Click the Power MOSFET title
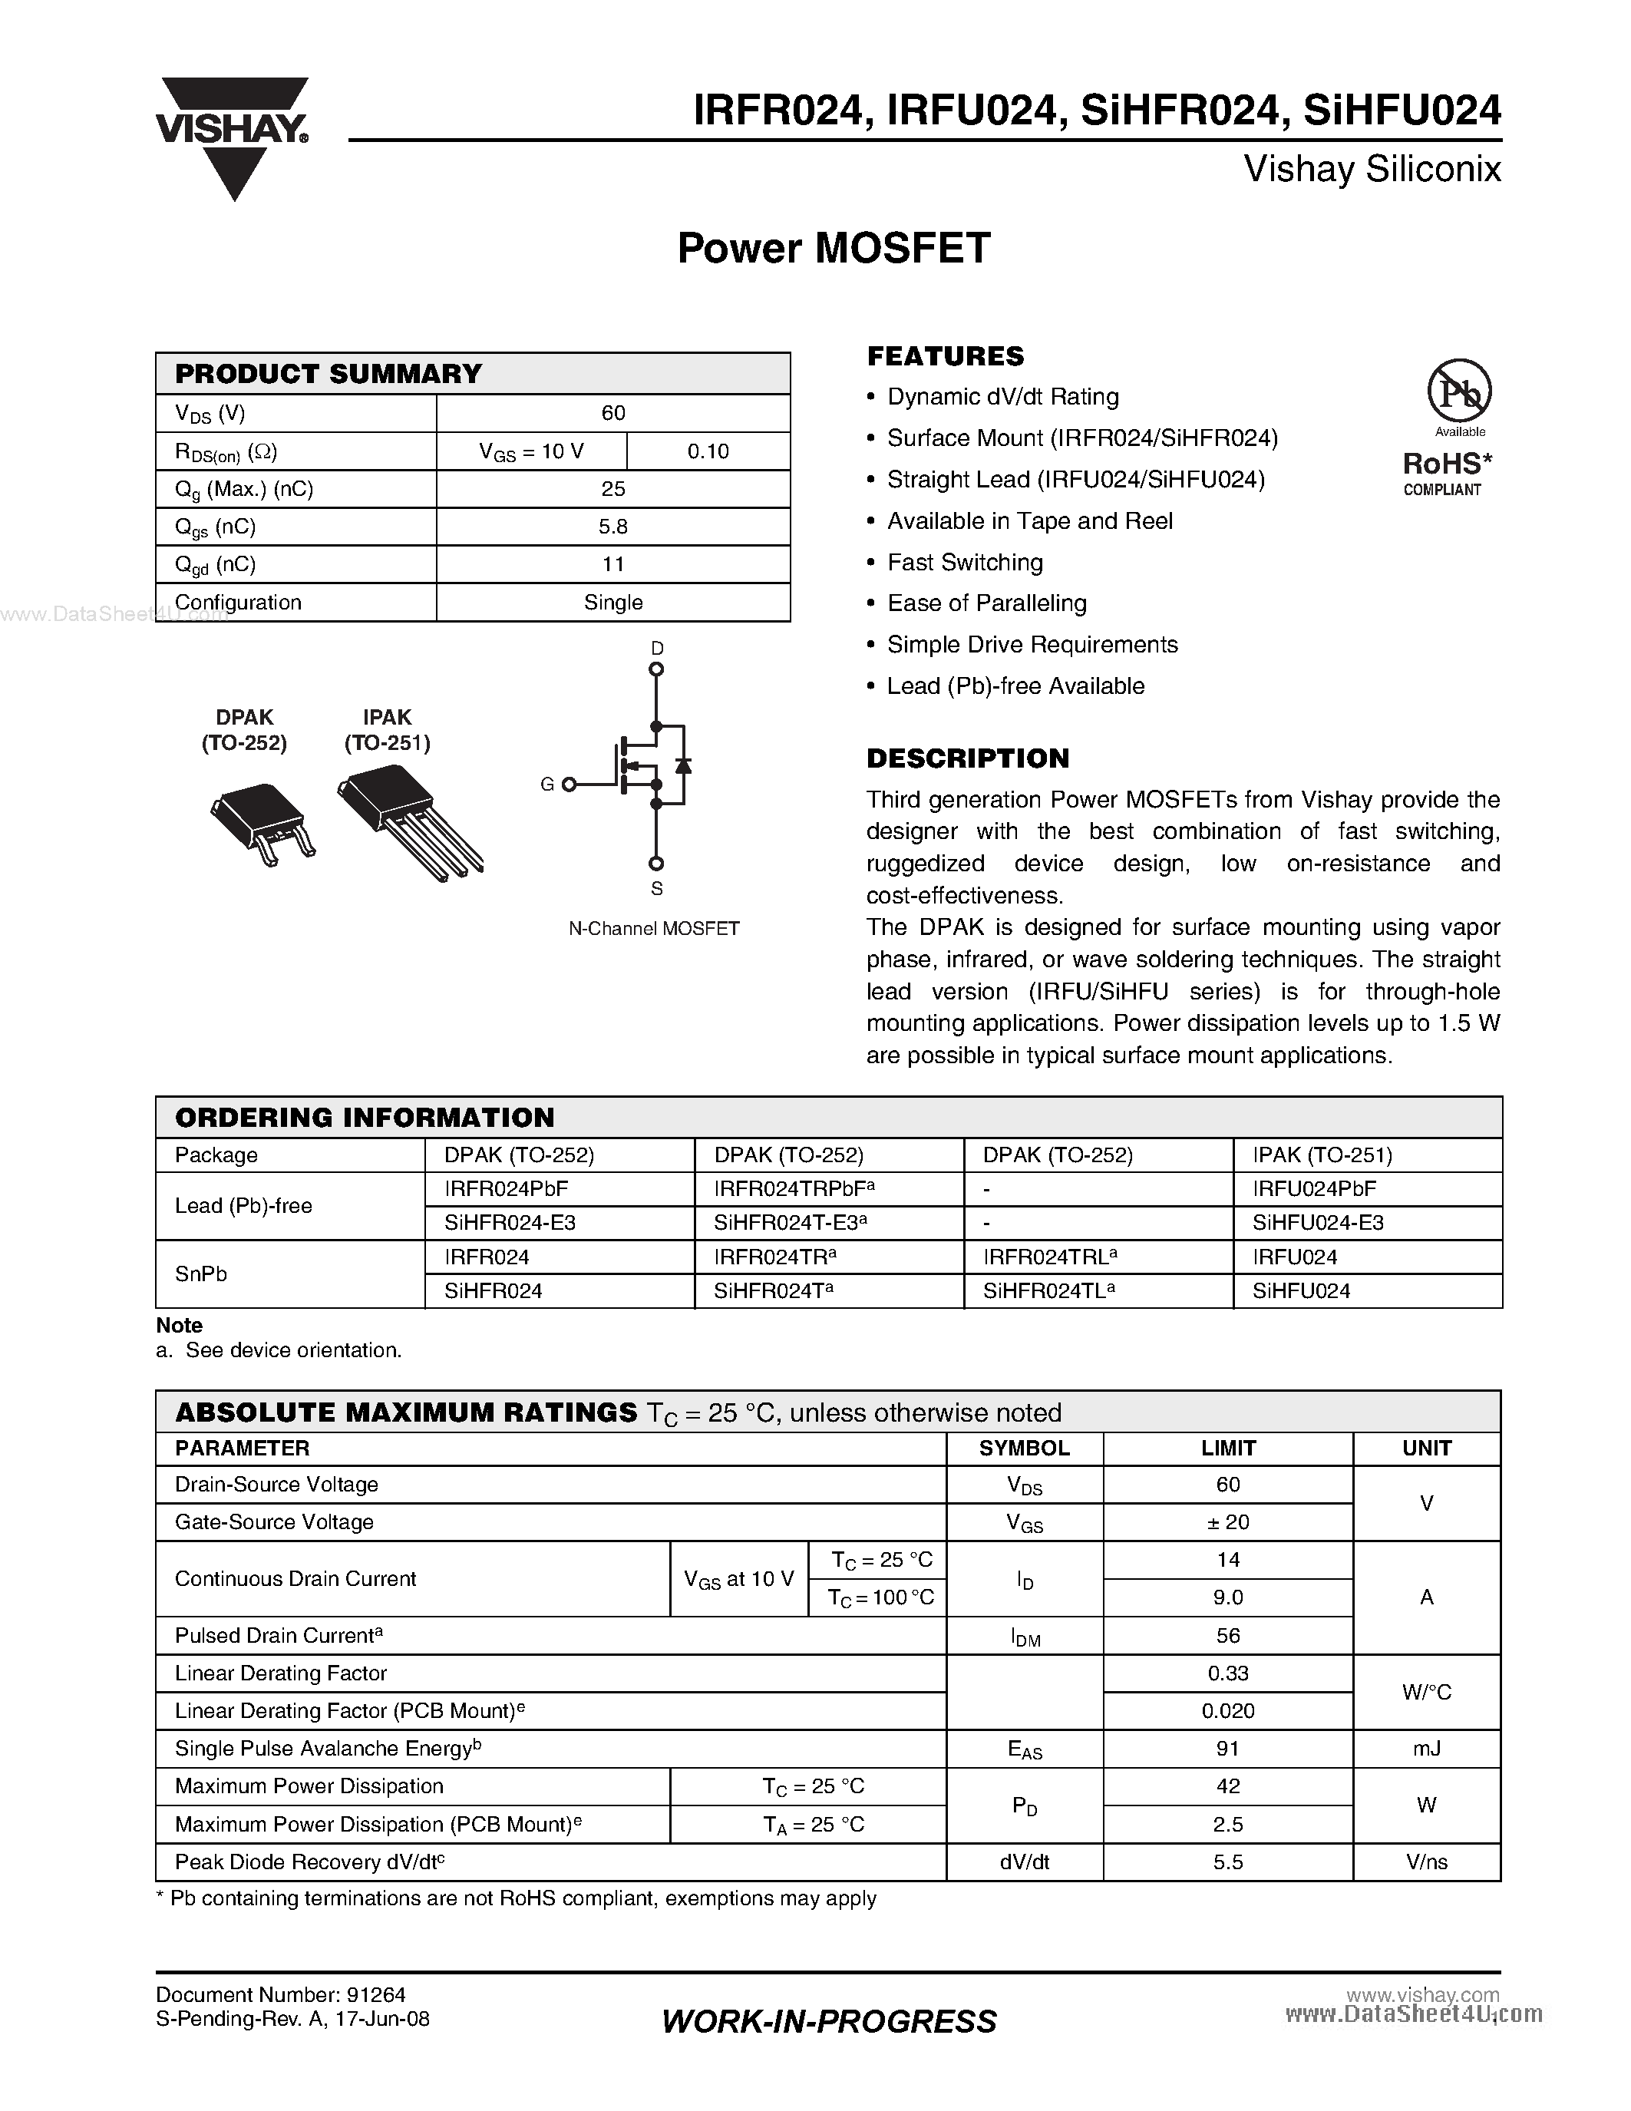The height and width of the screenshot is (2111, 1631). (833, 249)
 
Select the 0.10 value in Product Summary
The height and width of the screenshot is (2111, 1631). (708, 451)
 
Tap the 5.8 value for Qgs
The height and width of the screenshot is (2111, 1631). (612, 527)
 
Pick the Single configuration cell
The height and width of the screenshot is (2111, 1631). (612, 602)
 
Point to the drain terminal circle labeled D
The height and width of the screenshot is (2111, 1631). (656, 669)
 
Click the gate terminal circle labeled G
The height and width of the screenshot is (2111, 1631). (569, 785)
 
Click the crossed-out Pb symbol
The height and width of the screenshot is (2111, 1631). (1459, 391)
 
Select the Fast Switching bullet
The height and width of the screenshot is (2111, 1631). (964, 563)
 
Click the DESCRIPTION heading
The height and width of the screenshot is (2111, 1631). (967, 758)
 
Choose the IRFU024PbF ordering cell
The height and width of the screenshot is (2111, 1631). (1314, 1189)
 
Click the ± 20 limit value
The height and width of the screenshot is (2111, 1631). (1227, 1522)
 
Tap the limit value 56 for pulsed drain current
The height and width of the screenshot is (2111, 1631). (1227, 1635)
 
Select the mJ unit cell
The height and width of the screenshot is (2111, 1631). (1426, 1749)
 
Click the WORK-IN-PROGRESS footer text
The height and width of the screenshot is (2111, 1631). (829, 2021)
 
